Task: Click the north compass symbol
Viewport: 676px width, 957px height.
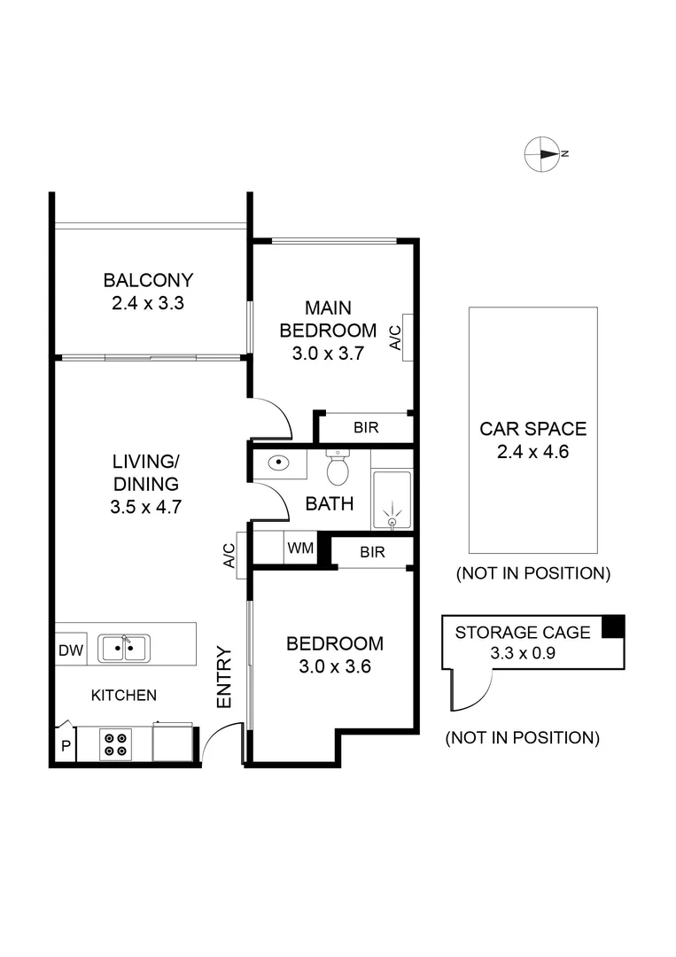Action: click(541, 154)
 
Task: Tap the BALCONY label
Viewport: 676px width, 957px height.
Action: click(148, 281)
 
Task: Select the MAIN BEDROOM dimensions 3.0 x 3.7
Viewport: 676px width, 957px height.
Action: click(328, 353)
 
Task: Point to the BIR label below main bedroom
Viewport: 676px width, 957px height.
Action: click(366, 427)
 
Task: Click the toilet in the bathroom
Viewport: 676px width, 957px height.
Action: click(338, 469)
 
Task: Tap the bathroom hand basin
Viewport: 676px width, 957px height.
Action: click(278, 463)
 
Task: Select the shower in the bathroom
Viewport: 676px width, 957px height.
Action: click(391, 501)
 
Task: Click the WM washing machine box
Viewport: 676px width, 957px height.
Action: click(299, 548)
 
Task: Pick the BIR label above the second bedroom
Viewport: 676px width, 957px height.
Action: click(372, 552)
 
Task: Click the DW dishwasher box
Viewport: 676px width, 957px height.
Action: click(71, 650)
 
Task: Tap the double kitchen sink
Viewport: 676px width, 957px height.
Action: click(123, 649)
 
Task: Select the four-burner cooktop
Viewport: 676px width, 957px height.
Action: click(114, 743)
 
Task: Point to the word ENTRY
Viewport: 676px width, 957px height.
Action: click(224, 678)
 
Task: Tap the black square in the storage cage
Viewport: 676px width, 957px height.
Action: click(613, 626)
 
